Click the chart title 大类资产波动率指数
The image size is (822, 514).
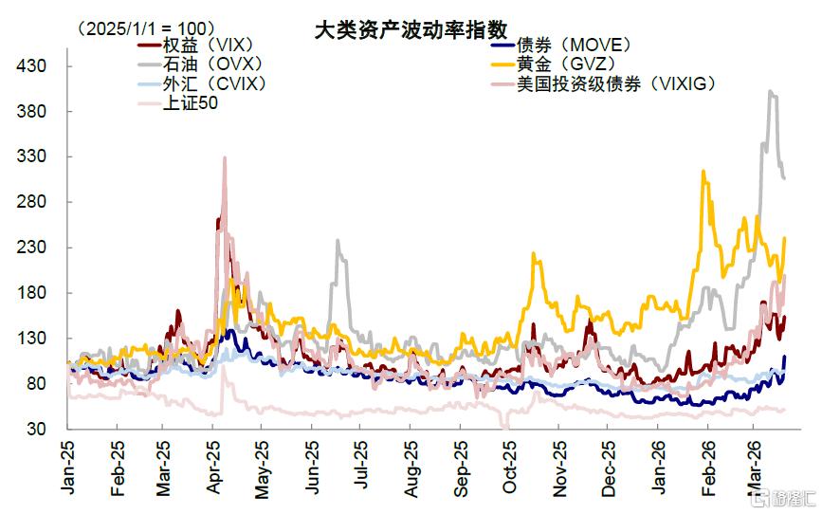(x=411, y=29)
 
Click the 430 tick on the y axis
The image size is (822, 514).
(x=31, y=66)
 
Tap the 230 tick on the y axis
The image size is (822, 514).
(x=31, y=247)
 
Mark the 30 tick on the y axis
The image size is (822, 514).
(x=36, y=429)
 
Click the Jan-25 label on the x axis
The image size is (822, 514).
(x=67, y=468)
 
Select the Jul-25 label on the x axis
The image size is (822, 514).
(x=360, y=465)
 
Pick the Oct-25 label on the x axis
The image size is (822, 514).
(x=509, y=468)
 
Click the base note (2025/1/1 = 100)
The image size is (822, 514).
(x=146, y=28)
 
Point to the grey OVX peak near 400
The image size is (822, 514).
(x=770, y=91)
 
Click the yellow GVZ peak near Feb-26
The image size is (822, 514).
(x=703, y=172)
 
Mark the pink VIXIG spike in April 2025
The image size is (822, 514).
(x=225, y=157)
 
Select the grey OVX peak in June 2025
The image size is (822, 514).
(x=338, y=241)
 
